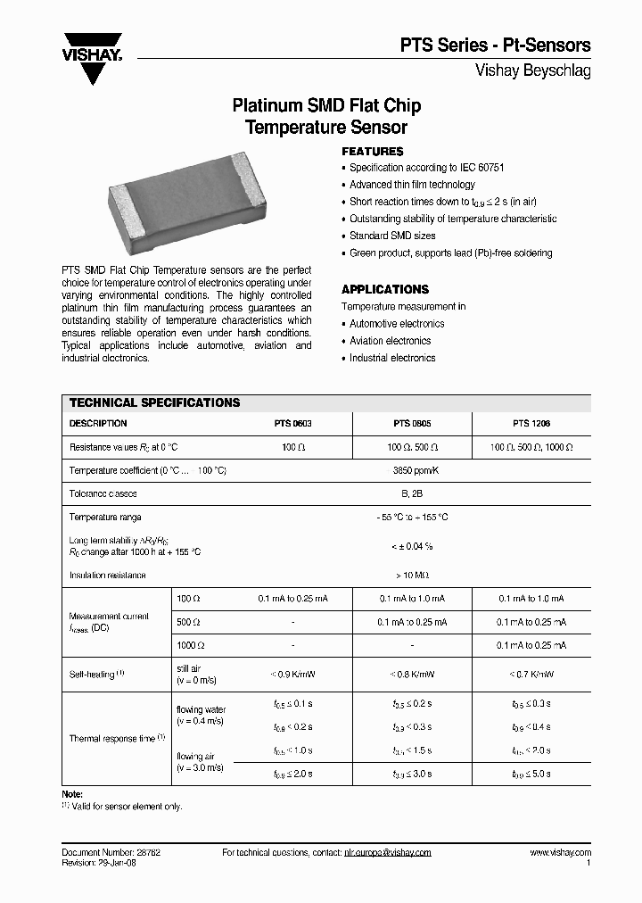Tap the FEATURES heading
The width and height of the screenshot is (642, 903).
[x=373, y=152]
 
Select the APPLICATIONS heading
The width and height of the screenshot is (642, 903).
[x=385, y=289]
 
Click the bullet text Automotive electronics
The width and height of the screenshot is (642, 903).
[x=397, y=324]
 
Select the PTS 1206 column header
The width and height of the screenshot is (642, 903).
[x=531, y=424]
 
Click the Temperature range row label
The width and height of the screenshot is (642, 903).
[x=105, y=518]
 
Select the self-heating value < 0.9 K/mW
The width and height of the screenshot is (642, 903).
[x=293, y=674]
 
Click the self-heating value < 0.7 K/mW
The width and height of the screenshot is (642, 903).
[x=531, y=674]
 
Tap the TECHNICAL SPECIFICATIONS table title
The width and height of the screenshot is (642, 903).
[x=155, y=402]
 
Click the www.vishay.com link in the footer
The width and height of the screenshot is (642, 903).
[x=560, y=853]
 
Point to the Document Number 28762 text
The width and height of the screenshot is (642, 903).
[x=111, y=853]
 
